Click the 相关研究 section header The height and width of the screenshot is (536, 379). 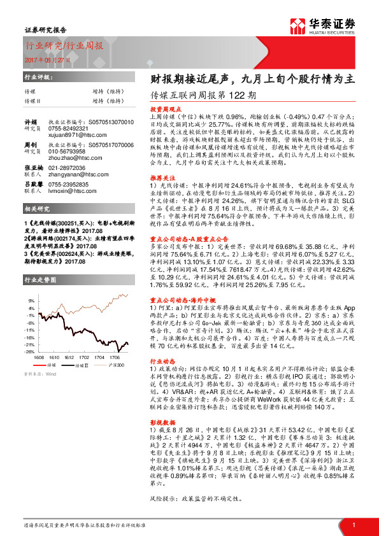[x=36, y=209]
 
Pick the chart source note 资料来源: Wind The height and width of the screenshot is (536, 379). [x=40, y=375]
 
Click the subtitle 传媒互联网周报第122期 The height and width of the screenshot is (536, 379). [x=203, y=97]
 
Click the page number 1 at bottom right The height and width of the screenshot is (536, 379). [x=352, y=525]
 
